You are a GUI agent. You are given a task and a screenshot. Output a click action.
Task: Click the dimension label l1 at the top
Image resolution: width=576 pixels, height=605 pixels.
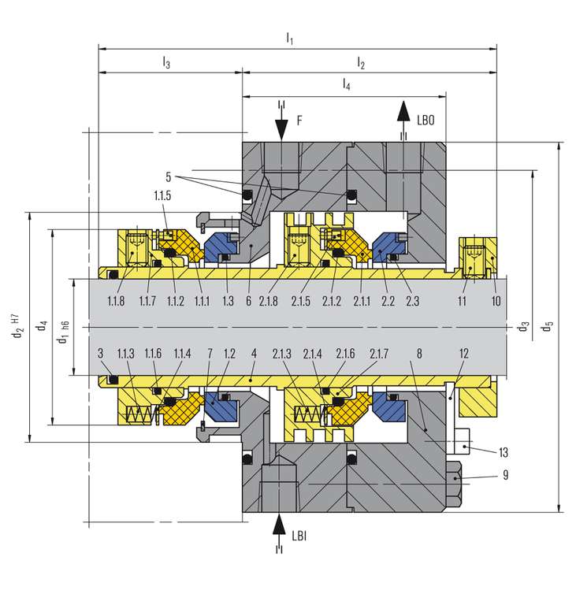point(289,39)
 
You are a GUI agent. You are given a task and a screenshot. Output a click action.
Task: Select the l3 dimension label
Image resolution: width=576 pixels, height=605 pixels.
point(166,62)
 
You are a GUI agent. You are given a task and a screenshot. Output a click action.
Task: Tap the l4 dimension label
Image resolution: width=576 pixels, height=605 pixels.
point(346,83)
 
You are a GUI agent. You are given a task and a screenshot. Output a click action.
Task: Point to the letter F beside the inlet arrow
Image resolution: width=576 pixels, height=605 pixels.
point(299,121)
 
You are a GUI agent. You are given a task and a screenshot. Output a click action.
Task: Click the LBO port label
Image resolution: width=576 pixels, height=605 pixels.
point(425,121)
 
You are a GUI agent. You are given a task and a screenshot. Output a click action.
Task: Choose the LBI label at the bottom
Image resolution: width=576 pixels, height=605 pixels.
point(299,536)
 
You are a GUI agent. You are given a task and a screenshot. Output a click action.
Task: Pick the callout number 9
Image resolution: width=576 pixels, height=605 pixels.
point(504,475)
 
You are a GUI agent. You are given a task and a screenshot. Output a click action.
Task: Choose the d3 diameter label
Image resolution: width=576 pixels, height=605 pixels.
point(524,325)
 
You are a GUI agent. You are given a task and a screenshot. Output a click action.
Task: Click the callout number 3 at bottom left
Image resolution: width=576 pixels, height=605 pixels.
point(101,354)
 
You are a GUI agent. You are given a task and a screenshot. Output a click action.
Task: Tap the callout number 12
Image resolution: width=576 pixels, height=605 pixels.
point(464,354)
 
